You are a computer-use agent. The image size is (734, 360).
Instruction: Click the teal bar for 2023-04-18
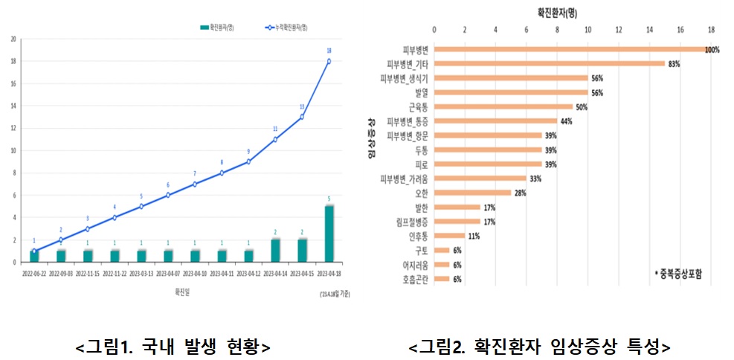coord(329,234)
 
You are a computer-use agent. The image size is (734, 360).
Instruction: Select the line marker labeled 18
coord(329,61)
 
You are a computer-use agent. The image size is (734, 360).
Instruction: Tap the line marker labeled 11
coord(275,139)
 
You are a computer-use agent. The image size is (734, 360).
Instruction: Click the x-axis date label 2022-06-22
coord(33,273)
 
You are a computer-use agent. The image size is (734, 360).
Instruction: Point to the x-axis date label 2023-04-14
coord(275,273)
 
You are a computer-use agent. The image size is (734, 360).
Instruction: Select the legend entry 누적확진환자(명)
coord(286,27)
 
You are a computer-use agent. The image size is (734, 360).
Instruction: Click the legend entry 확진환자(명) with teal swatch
coord(217,27)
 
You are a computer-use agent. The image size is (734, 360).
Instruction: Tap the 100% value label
coord(712,50)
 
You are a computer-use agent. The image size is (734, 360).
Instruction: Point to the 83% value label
coord(675,64)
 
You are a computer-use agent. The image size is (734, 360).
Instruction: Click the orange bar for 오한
coord(472,193)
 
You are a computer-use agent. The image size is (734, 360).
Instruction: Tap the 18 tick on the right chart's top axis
coord(711,30)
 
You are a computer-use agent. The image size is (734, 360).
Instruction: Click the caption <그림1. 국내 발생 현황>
coord(173,347)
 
